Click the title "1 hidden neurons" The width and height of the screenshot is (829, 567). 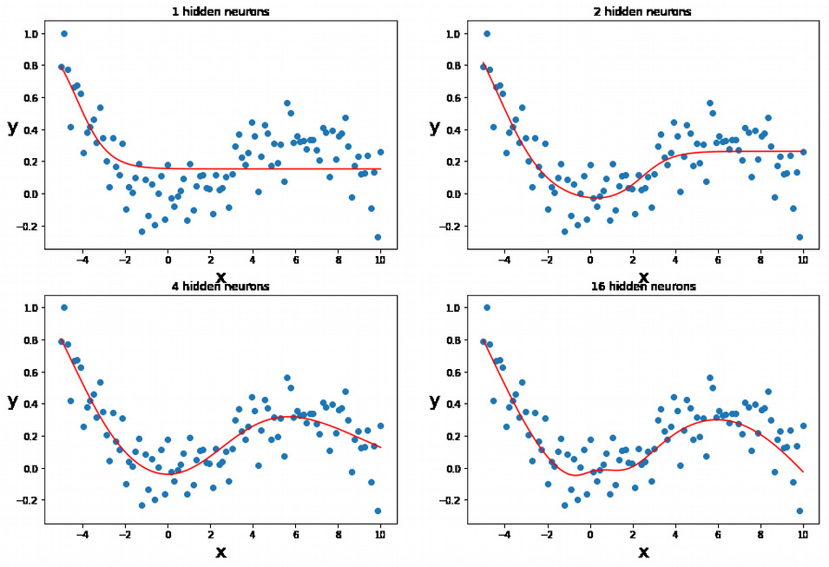click(220, 12)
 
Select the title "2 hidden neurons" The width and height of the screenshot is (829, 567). click(643, 12)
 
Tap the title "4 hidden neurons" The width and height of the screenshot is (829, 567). click(220, 287)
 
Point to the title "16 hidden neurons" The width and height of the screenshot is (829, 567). click(643, 287)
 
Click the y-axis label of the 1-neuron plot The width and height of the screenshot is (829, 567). click(12, 128)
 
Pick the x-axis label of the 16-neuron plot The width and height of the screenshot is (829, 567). click(643, 552)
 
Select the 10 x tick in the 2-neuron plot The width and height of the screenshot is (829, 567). click(803, 258)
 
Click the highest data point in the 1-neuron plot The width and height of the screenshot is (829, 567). click(63, 34)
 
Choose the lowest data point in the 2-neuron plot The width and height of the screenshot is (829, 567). click(800, 236)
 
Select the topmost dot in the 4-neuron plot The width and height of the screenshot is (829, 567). click(63, 307)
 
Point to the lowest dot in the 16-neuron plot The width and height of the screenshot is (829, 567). click(800, 511)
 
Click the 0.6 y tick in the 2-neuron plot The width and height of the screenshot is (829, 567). click(452, 98)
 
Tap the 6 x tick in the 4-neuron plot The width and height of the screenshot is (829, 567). click(295, 532)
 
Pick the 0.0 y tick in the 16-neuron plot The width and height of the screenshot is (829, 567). click(452, 468)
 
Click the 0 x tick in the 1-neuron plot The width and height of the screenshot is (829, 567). click(168, 258)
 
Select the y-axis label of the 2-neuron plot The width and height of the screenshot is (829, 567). click(435, 128)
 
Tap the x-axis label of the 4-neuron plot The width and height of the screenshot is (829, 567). click(220, 552)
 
